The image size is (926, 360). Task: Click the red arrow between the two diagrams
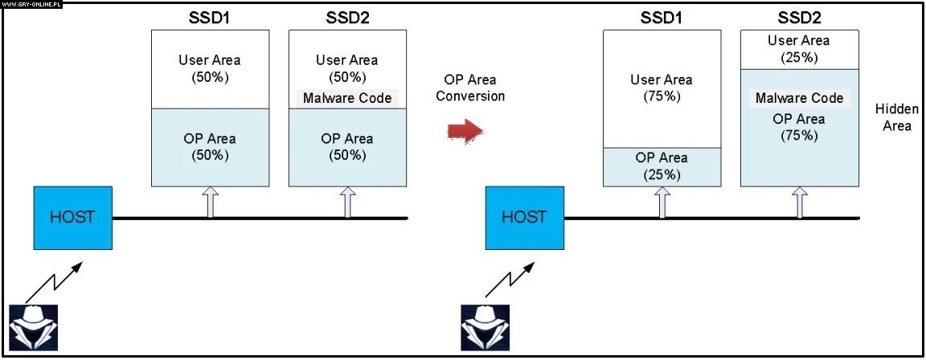464,129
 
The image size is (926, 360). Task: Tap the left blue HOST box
73,217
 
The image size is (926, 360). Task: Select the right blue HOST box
525,217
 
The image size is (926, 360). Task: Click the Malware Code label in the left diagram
347,98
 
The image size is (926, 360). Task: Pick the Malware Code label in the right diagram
800,98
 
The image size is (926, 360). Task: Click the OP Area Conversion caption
474,88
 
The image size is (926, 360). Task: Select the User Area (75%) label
662,88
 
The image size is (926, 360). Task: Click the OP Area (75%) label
799,127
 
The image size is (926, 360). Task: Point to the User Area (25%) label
798,48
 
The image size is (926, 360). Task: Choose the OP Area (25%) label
662,166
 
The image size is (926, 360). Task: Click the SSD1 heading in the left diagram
210,17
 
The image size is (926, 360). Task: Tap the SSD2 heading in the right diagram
798,17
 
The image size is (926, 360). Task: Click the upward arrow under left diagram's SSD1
211,202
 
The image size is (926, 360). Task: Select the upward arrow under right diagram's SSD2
800,202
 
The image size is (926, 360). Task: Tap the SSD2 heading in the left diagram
346,17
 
